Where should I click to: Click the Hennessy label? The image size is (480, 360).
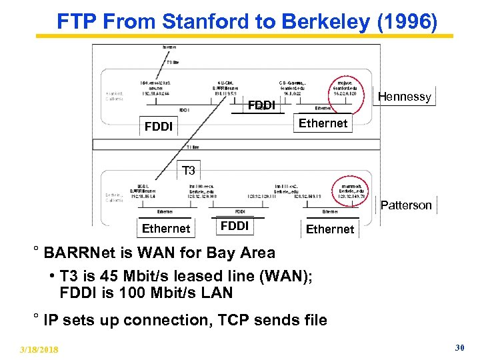tap(404, 97)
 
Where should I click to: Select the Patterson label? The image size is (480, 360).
tap(406, 205)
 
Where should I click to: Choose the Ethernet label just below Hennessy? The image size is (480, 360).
tap(323, 123)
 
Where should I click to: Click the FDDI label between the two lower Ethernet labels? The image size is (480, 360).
tap(234, 226)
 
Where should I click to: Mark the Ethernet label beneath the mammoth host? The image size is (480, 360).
tap(329, 229)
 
